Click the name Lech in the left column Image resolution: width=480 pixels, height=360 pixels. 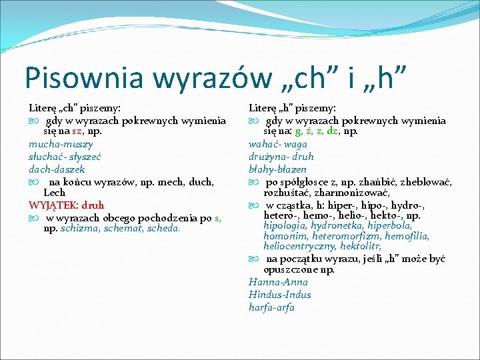tap(54, 193)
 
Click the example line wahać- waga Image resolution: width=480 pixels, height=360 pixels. tap(278, 144)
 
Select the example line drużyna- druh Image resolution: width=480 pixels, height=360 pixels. tap(281, 156)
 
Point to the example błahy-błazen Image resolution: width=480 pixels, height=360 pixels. tap(278, 169)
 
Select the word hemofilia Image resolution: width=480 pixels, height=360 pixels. tap(407, 236)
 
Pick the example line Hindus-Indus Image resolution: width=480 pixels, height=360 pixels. tap(280, 295)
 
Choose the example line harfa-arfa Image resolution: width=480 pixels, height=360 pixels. tap(271, 307)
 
